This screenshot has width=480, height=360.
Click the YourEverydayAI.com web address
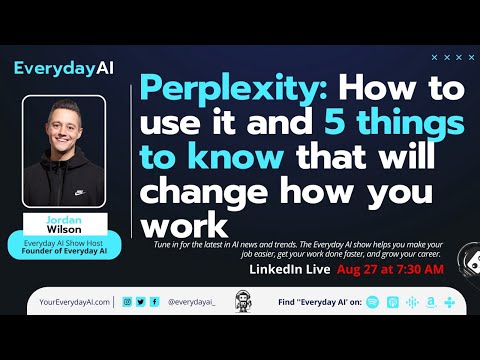(70, 302)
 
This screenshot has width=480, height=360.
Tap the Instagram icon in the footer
(127, 302)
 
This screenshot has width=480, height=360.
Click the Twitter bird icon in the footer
(141, 302)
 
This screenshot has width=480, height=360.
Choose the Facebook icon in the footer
(154, 302)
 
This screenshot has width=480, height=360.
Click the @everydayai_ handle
(191, 302)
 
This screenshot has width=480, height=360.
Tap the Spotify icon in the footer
(373, 302)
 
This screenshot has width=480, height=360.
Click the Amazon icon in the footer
(430, 302)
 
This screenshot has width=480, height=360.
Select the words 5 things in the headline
(394, 124)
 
